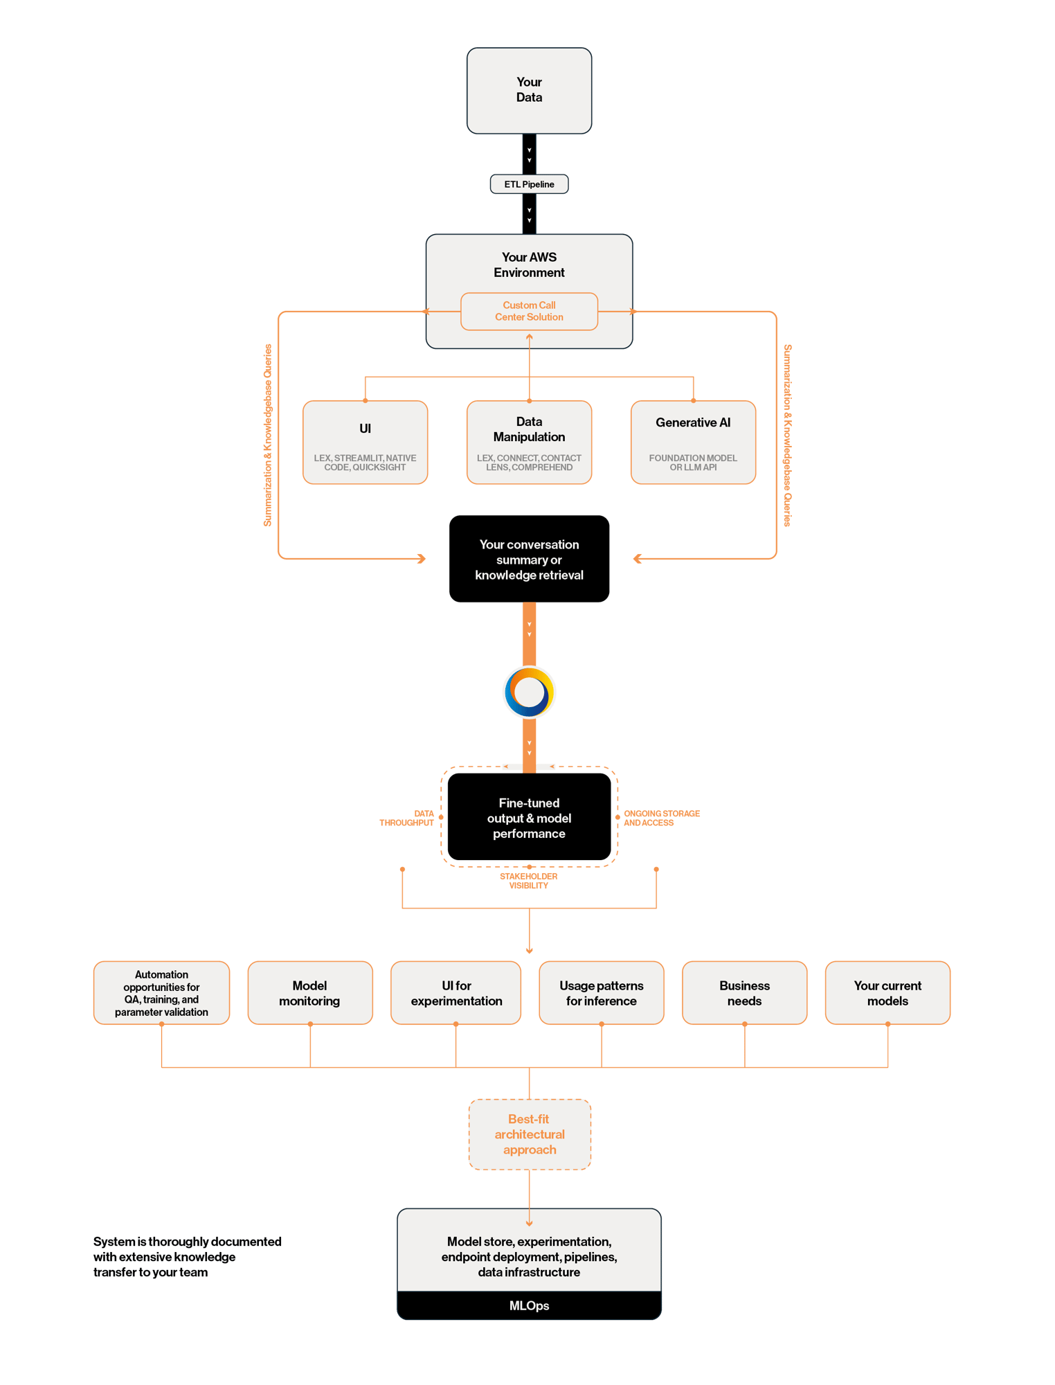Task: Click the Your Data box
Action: coord(529,90)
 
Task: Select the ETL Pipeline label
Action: coord(529,184)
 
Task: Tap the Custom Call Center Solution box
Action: coord(529,311)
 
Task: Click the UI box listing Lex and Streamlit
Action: coord(365,442)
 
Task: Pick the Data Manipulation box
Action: coord(529,442)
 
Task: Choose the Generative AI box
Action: coord(693,442)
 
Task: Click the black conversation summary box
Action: coord(529,560)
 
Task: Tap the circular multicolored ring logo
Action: coord(529,692)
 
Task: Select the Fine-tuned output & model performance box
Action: coord(529,818)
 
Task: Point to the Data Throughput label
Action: coord(408,818)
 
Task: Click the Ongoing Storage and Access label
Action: coord(661,818)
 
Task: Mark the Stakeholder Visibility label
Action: coord(529,881)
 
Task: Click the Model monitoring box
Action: coord(309,993)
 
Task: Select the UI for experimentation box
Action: coord(456,993)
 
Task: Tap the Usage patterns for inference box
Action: coord(601,993)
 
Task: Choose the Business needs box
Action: coord(744,993)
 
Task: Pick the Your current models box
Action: coord(887,993)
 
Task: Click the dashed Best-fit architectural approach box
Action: coord(529,1134)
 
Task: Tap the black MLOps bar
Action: coord(529,1305)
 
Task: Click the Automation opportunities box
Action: coord(161,993)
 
